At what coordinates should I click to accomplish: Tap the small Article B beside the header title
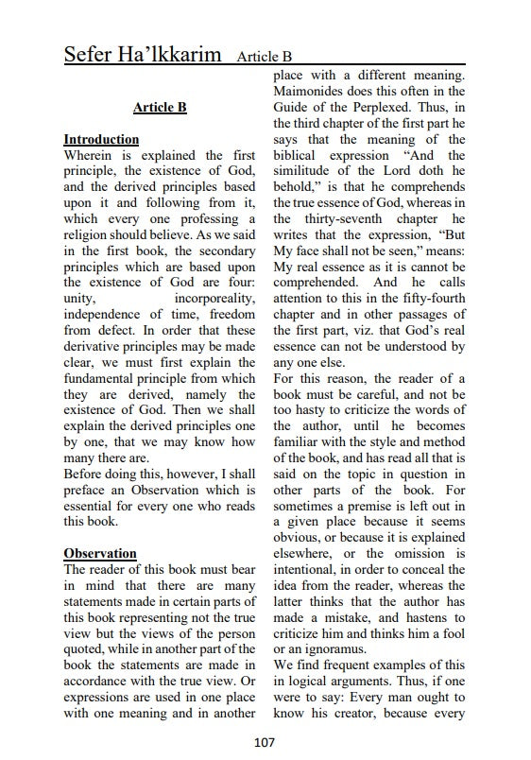(265, 58)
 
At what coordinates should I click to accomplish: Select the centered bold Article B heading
(160, 108)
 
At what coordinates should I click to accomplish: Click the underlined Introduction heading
(101, 139)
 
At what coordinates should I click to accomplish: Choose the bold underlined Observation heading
(100, 553)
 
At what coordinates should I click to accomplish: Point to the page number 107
(265, 743)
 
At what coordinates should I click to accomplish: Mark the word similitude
(309, 171)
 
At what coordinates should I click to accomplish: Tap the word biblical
(300, 155)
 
